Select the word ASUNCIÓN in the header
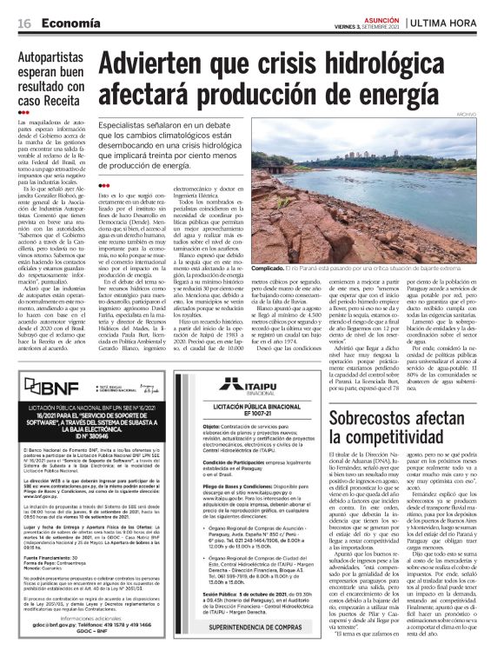click(x=374, y=16)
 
